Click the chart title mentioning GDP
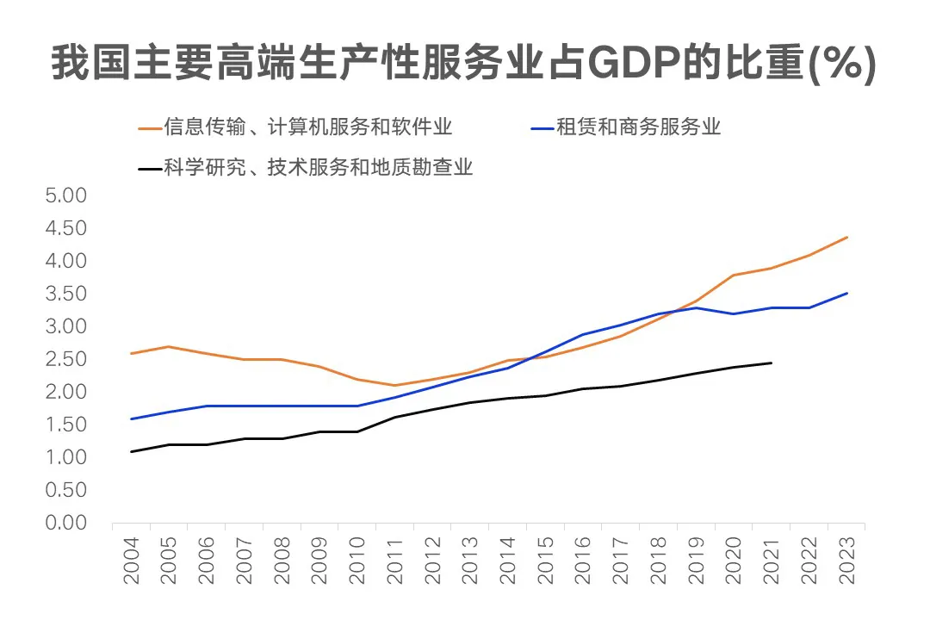464,65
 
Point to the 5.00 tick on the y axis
65,195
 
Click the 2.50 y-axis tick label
65,359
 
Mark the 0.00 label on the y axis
65,523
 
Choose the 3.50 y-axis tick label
65,294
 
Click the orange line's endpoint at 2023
847,237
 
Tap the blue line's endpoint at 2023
847,294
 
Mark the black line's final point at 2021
772,363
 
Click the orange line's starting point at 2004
131,353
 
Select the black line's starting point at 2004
131,451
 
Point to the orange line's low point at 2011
394,385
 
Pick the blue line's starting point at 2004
131,418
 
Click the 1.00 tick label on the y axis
65,457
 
